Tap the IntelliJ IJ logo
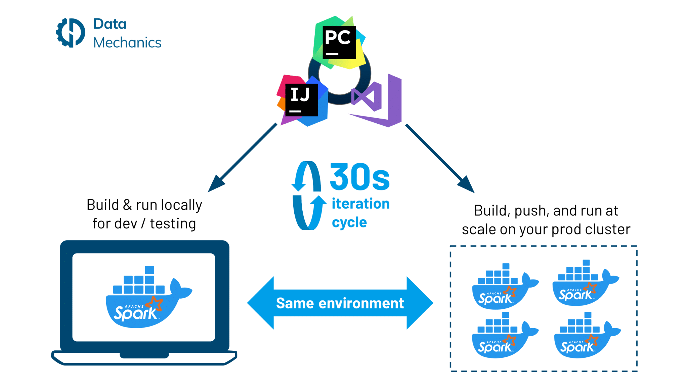coord(302,100)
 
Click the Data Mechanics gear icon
coord(71,33)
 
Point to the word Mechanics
coord(127,43)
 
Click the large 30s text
coord(360,177)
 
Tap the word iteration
coord(361,204)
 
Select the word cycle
coord(349,222)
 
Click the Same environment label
coord(340,303)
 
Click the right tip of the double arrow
coord(433,303)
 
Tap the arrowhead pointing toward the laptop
coord(216,184)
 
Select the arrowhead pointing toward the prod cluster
coord(467,185)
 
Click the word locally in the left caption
coord(181,205)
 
